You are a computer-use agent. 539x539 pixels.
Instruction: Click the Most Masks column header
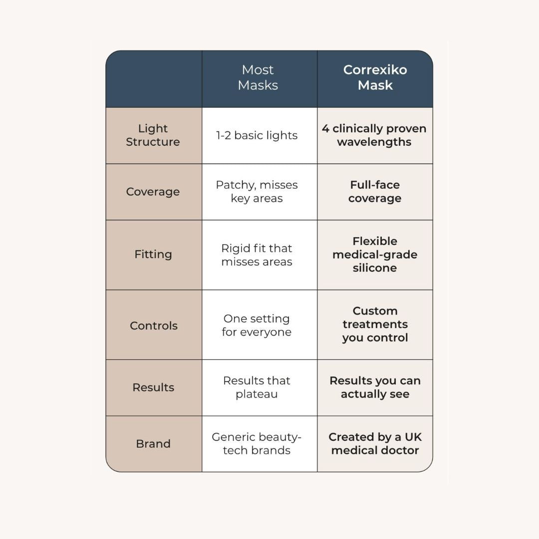click(x=258, y=77)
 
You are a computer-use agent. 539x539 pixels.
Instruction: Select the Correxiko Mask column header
click(x=375, y=77)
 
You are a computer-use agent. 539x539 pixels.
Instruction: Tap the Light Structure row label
click(x=153, y=135)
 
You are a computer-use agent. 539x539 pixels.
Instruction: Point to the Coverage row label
click(x=153, y=192)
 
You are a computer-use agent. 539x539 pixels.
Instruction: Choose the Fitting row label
click(x=153, y=254)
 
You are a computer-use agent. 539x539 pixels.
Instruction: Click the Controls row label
click(x=153, y=325)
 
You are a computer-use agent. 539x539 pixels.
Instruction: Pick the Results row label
click(x=153, y=387)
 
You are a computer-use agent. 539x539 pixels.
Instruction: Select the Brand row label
click(x=153, y=444)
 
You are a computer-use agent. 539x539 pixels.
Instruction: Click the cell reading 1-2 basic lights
click(x=257, y=135)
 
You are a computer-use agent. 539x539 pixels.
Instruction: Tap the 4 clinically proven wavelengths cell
click(x=374, y=135)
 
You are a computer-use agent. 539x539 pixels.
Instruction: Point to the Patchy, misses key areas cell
click(x=257, y=192)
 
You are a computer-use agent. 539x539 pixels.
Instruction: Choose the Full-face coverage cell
click(x=374, y=192)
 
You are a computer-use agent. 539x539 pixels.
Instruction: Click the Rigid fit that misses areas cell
click(x=257, y=255)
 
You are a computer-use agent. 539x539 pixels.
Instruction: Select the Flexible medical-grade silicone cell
click(x=374, y=255)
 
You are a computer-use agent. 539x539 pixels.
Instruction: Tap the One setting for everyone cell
click(x=257, y=325)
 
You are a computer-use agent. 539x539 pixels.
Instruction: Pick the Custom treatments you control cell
click(x=375, y=324)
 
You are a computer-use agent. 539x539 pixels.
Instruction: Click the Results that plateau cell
click(x=257, y=387)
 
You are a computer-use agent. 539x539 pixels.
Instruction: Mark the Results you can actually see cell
click(x=375, y=387)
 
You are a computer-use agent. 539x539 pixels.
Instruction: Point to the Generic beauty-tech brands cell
click(x=257, y=444)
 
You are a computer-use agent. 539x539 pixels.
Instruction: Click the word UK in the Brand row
click(x=413, y=437)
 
